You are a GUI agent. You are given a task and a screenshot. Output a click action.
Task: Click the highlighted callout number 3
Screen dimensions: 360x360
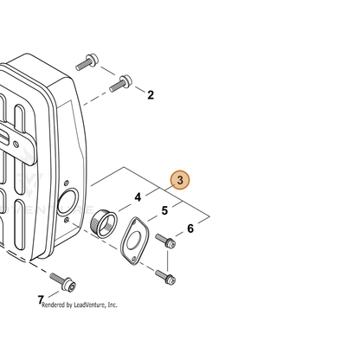point(180,180)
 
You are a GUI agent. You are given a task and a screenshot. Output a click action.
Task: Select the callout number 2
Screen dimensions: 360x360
point(151,95)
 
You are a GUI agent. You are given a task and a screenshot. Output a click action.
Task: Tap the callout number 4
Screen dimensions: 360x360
point(138,197)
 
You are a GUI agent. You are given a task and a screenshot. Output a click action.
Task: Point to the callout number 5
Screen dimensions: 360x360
point(164,210)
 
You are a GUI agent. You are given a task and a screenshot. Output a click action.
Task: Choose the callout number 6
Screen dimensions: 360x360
point(190,228)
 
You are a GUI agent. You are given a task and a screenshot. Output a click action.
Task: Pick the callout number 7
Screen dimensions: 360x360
point(41,299)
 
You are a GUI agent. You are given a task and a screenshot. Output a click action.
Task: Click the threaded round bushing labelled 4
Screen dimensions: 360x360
point(104,223)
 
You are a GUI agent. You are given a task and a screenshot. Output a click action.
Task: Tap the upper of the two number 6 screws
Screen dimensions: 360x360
point(165,241)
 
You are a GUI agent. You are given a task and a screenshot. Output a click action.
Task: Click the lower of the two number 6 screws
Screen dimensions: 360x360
point(165,277)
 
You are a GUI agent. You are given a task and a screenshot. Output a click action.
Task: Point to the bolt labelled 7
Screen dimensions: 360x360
point(62,282)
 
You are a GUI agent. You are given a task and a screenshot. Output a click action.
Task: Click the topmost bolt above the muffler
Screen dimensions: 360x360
point(87,61)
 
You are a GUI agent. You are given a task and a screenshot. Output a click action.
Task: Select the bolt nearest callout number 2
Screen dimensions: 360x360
point(120,83)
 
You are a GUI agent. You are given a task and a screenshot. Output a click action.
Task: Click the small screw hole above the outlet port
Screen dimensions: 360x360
point(67,183)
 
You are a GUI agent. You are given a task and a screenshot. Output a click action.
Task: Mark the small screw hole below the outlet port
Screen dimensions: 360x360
point(67,221)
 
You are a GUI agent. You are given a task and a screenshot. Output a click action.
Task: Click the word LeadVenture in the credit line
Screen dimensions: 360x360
point(90,305)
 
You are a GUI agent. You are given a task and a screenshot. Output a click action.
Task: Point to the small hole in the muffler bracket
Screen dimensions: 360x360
point(16,144)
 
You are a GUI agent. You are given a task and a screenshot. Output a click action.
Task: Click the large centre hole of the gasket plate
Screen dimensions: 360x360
point(133,238)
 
